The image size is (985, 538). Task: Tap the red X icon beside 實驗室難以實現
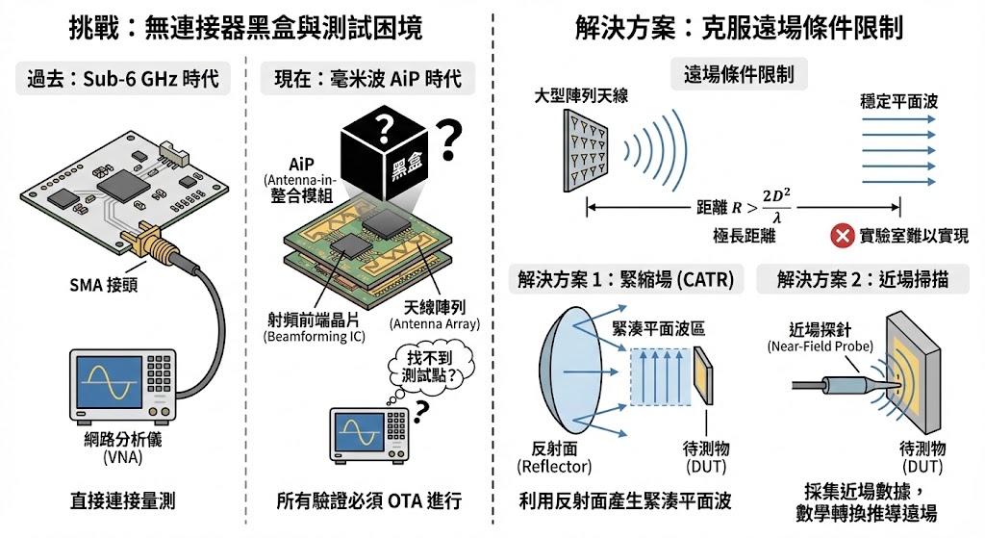coord(842,236)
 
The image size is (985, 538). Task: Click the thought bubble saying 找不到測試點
coord(429,367)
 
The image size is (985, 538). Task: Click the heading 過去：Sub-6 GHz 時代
coord(123,79)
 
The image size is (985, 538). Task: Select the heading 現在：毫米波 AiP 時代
coord(367,79)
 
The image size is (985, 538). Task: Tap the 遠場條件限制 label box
coord(739,75)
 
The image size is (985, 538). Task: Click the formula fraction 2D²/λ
coord(777,206)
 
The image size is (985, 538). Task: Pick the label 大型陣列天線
coord(581,95)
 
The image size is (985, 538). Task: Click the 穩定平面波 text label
coord(899,101)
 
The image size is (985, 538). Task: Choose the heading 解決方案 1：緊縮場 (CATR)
coord(625,279)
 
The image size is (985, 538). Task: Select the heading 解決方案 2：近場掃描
coord(863,279)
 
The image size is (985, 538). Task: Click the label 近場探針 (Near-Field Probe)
coord(821,338)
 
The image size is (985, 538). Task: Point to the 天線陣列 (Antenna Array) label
coord(435,316)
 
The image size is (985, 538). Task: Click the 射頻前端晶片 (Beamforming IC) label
coord(315,328)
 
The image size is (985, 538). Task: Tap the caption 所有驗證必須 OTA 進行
coord(369,500)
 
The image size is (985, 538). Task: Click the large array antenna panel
coord(586,150)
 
